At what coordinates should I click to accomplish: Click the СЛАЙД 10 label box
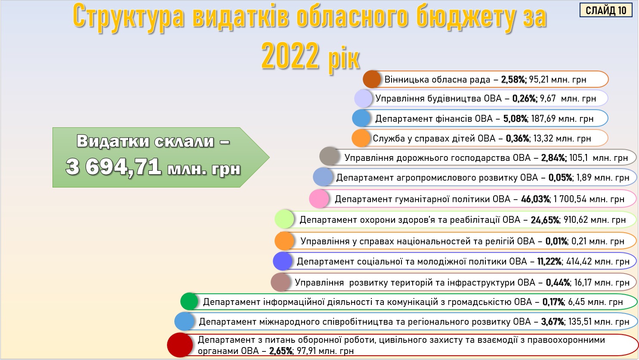(606, 10)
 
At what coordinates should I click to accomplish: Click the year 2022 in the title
(290, 56)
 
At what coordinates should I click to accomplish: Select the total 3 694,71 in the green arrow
(114, 167)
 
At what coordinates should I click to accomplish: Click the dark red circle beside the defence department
(180, 345)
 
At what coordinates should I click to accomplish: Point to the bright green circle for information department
(189, 302)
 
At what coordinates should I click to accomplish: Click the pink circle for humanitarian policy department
(319, 199)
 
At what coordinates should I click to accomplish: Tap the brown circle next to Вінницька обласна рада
(372, 79)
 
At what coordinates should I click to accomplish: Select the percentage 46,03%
(535, 199)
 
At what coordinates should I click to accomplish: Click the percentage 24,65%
(545, 220)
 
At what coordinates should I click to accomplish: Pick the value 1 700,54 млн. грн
(589, 199)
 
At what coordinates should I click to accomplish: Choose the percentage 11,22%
(549, 262)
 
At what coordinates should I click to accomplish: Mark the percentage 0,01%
(556, 241)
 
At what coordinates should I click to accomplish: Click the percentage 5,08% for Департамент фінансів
(515, 119)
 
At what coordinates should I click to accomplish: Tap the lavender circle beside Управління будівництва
(364, 98)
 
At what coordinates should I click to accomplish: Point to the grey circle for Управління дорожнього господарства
(329, 156)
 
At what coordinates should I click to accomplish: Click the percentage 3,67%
(553, 322)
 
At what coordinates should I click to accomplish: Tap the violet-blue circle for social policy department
(283, 261)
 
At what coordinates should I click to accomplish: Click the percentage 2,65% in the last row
(281, 351)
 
